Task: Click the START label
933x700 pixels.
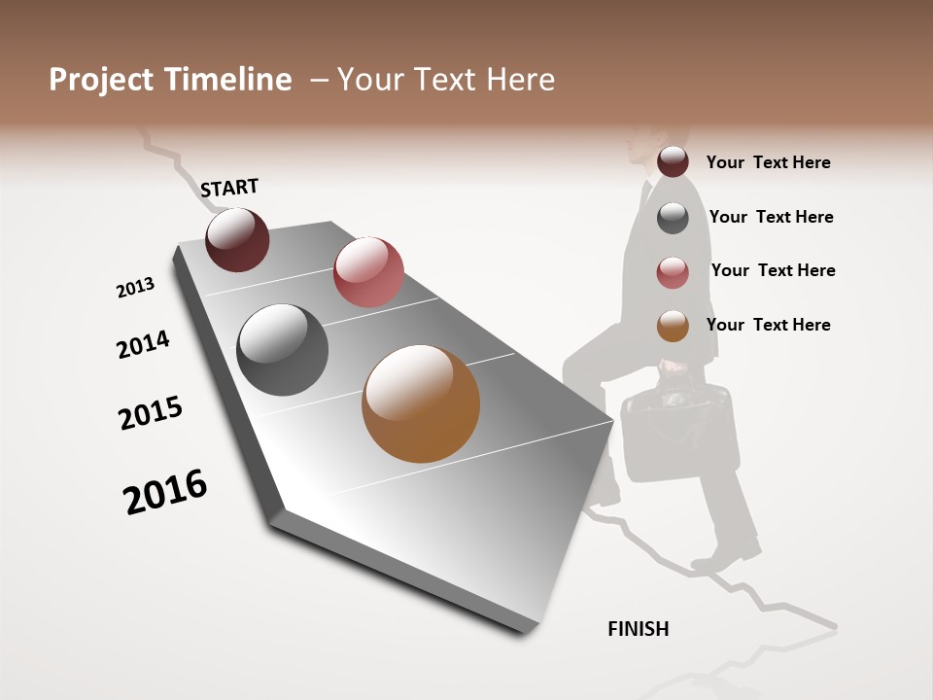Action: (229, 188)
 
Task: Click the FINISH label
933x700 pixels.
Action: (639, 629)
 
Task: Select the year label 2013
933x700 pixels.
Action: (135, 288)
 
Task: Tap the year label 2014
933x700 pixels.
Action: (143, 344)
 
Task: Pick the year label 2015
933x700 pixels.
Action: (151, 413)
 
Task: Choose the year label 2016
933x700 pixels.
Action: (165, 491)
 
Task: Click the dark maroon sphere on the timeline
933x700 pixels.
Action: (237, 239)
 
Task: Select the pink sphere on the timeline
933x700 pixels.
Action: (368, 271)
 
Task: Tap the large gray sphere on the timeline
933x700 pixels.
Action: (283, 350)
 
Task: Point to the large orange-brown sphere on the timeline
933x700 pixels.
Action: (421, 403)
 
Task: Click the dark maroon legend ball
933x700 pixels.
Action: (673, 161)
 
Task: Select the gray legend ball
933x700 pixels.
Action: (673, 218)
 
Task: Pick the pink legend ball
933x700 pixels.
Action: (673, 272)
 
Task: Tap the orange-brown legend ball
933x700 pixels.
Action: (673, 326)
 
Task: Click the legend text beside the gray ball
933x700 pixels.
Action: (771, 217)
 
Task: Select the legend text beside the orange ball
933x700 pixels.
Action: (768, 325)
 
